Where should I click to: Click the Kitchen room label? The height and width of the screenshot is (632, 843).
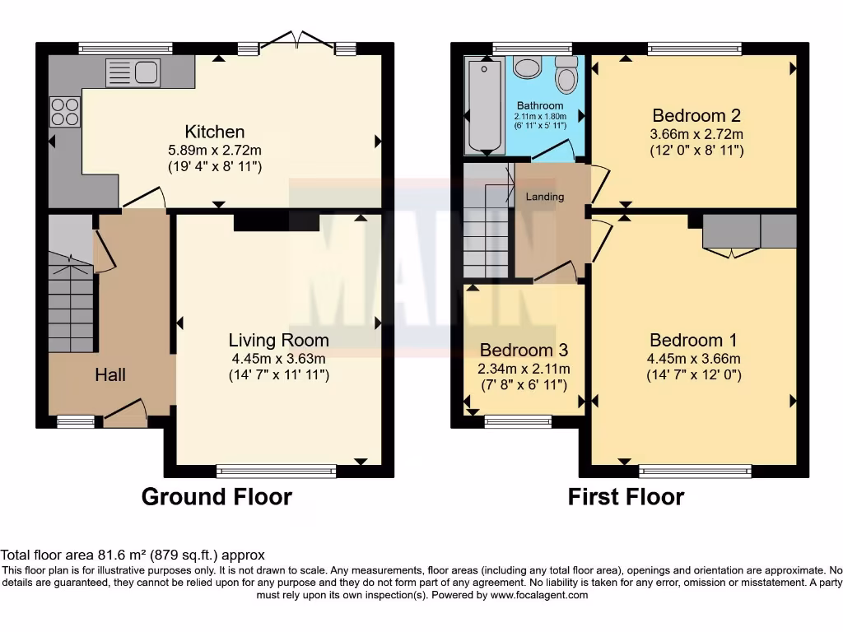coord(214,132)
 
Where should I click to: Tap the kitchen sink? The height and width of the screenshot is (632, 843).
coord(132,73)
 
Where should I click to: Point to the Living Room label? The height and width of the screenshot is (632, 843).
coord(278,341)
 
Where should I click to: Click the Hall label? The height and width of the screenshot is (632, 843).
coord(110,375)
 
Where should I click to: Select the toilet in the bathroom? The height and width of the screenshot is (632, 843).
coord(566,76)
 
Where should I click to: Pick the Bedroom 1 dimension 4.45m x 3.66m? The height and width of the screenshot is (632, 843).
coord(695,359)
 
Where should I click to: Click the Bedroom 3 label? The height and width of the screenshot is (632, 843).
coord(524,351)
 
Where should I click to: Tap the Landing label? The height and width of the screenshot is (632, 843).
coord(545,197)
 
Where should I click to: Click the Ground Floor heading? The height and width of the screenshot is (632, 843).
coord(217,497)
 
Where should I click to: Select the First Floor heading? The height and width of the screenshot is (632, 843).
coord(626,497)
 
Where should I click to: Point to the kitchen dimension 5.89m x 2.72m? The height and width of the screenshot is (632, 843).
coord(214,151)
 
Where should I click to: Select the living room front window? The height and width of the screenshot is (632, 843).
coord(277,472)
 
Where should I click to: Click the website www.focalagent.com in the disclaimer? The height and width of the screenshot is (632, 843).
coord(540,595)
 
